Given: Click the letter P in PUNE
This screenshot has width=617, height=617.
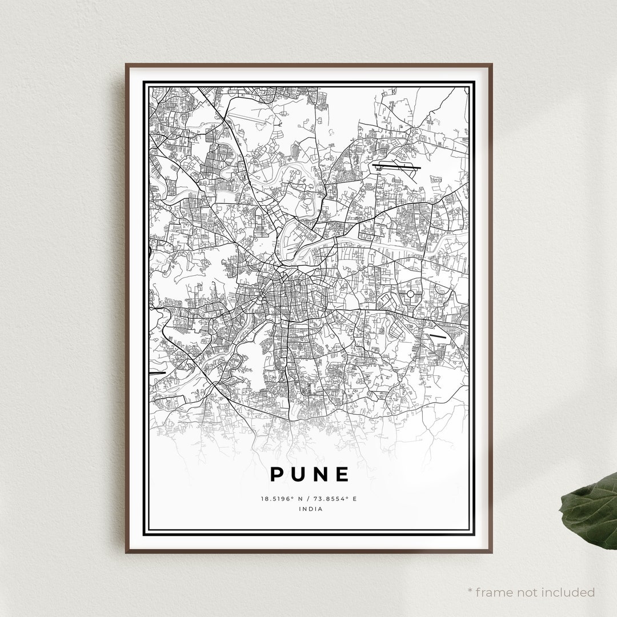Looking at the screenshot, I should point(276,474).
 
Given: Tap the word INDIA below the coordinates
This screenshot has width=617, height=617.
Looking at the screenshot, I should point(309,509).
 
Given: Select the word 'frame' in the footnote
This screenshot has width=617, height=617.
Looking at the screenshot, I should point(495,592).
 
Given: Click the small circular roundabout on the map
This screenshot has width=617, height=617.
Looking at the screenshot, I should point(410,294).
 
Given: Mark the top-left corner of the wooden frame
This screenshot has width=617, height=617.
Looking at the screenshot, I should point(126,64).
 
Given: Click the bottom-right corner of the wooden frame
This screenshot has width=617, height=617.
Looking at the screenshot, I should point(491,552).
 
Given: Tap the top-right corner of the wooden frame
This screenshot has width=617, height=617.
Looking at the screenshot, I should point(491,64).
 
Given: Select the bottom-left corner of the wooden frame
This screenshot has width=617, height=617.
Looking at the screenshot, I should point(126,552).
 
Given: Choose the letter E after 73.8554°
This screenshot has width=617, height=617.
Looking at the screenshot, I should point(354,499).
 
